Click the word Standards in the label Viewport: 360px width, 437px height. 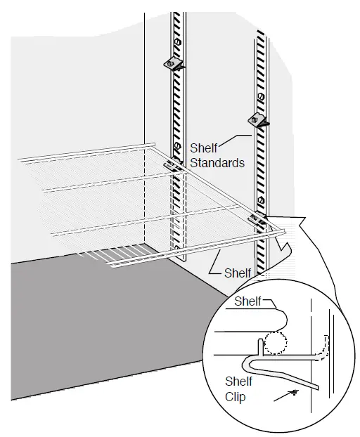pos(217,163)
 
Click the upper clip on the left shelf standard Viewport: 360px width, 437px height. pos(173,65)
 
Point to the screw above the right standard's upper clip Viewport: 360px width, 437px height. pos(262,96)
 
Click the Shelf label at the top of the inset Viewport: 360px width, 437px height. pos(247,301)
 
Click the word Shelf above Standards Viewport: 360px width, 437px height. pos(202,149)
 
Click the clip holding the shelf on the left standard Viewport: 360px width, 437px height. pos(172,165)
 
